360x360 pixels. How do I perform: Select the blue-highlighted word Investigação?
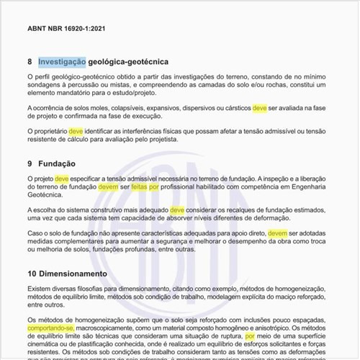point(62,62)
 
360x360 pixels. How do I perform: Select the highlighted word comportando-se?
point(52,328)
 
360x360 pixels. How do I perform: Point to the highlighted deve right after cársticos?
point(260,107)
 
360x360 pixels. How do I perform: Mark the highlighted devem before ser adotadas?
point(278,233)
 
